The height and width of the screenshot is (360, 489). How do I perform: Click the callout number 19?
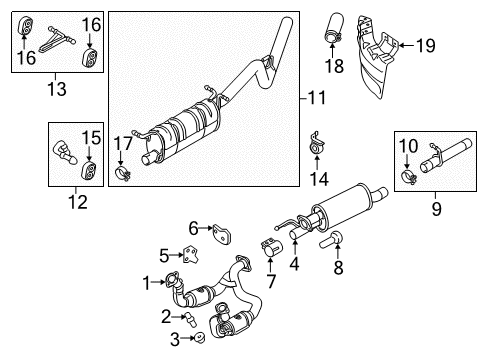point(425,44)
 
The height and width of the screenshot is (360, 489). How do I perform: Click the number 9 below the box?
point(435,209)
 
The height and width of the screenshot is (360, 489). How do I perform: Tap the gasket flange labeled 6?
point(222,233)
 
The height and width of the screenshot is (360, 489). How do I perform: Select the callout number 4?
point(294,265)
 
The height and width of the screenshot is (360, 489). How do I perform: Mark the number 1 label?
point(146,283)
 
